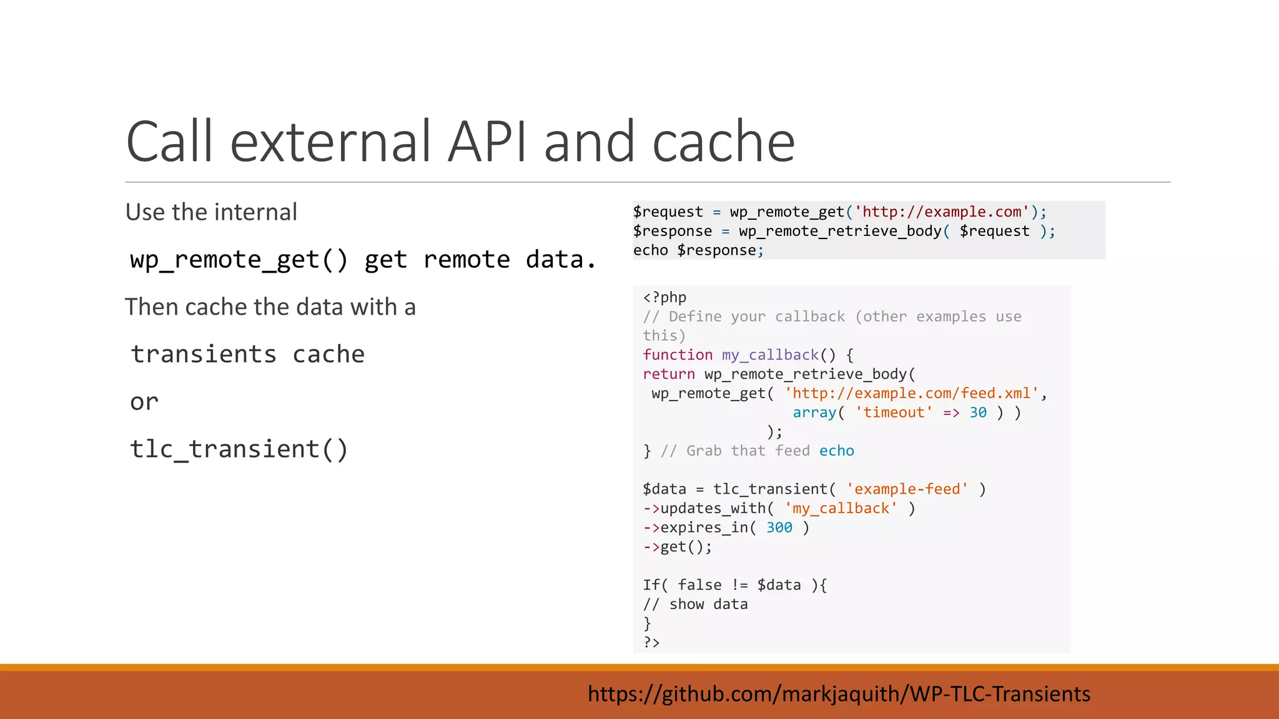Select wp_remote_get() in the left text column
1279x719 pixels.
tap(239, 260)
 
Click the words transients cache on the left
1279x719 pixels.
tap(247, 355)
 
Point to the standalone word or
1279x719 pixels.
tap(144, 402)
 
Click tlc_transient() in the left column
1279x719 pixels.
tap(239, 449)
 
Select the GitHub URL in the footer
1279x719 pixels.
tap(839, 693)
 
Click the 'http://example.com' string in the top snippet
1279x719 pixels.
tap(942, 212)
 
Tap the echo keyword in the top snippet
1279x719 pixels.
tap(650, 250)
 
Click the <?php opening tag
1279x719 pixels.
tap(664, 298)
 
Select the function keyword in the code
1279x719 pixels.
tap(678, 355)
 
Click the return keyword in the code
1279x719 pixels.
tap(669, 374)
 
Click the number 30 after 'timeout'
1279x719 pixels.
tap(978, 413)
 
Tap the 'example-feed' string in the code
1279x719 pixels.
tap(907, 489)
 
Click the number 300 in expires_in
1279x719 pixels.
tap(779, 528)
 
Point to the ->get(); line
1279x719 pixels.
tap(678, 547)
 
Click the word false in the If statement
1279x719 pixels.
tap(699, 585)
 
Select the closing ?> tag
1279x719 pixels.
tap(651, 642)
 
